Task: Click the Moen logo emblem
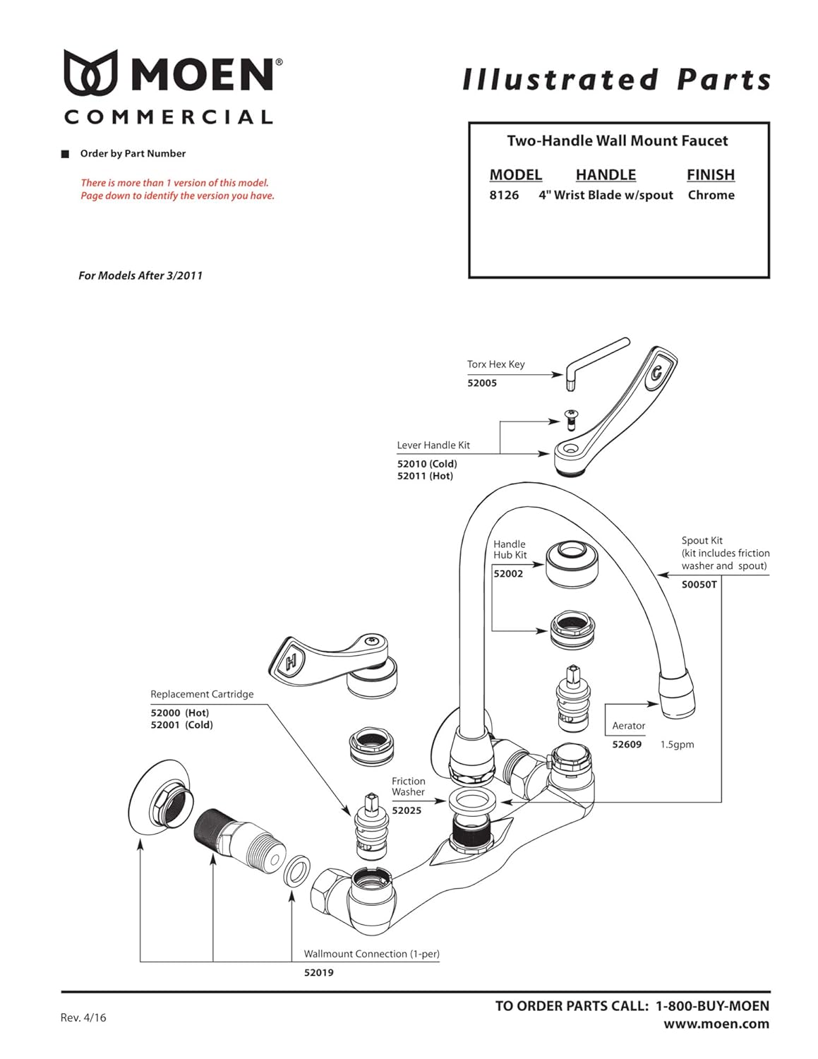[x=90, y=73]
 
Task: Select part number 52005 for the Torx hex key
[x=482, y=383]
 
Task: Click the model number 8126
[x=504, y=196]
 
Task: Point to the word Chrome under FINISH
[x=711, y=196]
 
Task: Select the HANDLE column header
[x=606, y=175]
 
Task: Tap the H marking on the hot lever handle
[x=291, y=663]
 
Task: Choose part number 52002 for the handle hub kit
[x=508, y=574]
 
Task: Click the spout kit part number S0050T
[x=699, y=585]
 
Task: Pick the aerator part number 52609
[x=627, y=745]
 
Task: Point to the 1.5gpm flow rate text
[x=677, y=745]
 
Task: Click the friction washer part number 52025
[x=407, y=811]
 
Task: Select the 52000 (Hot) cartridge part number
[x=180, y=713]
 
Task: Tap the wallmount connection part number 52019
[x=319, y=973]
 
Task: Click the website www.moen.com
[x=716, y=1024]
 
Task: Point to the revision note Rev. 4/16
[x=83, y=1018]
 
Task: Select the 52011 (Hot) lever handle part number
[x=425, y=477]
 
